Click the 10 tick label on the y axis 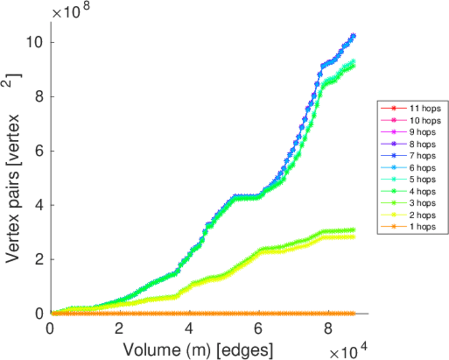(x=35, y=43)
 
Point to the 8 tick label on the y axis (x=39, y=97)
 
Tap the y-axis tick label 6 (x=39, y=151)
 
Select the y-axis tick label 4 (x=39, y=205)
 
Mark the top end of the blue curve (x=353, y=36)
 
